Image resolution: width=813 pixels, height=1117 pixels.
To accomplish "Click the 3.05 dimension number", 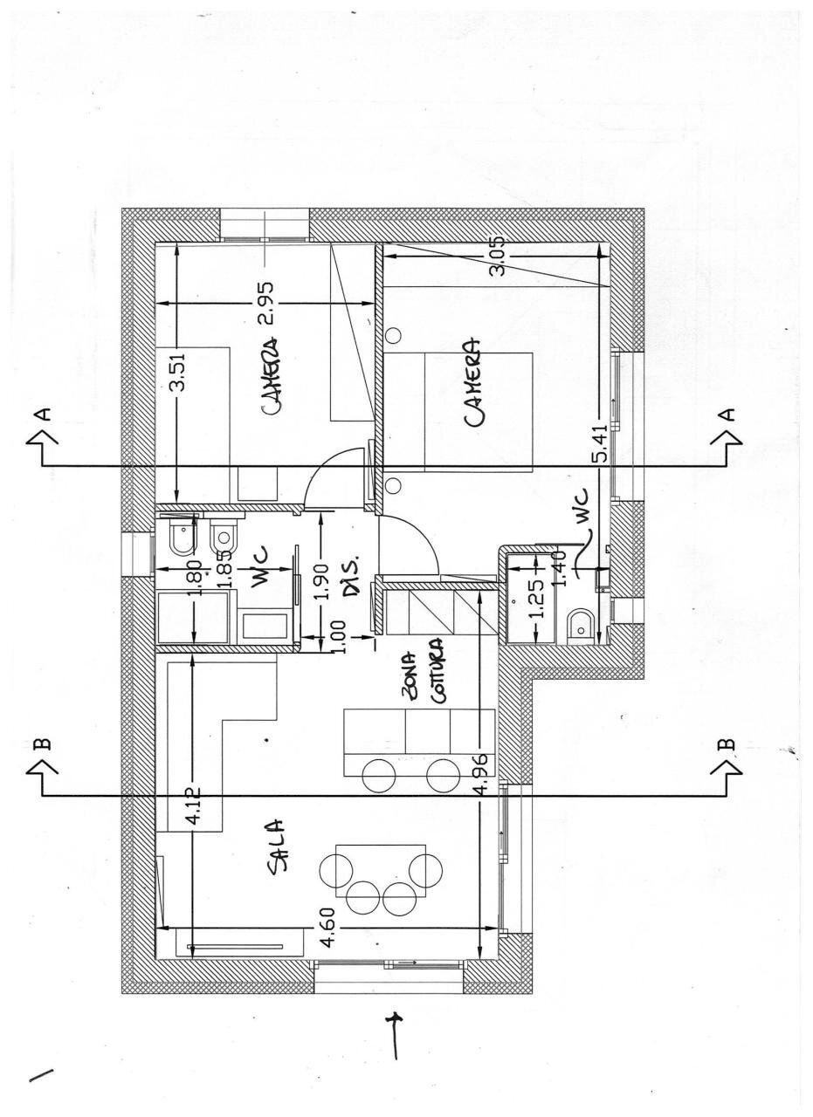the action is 499,257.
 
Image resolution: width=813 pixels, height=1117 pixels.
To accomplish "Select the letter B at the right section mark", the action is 728,744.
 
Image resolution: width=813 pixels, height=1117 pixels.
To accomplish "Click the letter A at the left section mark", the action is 44,415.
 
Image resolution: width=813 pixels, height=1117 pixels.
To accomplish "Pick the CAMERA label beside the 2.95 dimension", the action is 270,378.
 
